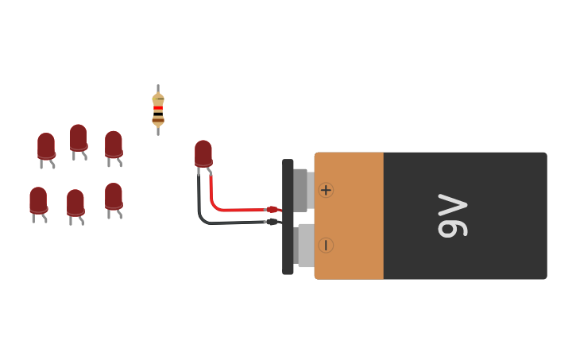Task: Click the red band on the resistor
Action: [158, 108]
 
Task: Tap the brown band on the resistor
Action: [158, 119]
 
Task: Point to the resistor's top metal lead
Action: [158, 88]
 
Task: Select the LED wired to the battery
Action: [203, 153]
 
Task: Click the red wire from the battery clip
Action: [230, 209]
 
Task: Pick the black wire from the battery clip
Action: [230, 222]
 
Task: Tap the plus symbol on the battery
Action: [326, 190]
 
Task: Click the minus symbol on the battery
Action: [326, 246]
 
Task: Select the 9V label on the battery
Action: [453, 216]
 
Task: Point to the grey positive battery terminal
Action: [301, 190]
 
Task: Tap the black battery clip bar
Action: [288, 216]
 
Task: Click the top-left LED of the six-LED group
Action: [46, 146]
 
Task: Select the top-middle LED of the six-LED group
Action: [78, 137]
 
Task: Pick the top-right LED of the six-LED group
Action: [114, 145]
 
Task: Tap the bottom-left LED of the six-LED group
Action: [38, 199]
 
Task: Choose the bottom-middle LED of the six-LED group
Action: [75, 203]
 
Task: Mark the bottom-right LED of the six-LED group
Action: [114, 196]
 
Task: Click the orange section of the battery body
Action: [350, 216]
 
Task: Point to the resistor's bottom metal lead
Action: [158, 131]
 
